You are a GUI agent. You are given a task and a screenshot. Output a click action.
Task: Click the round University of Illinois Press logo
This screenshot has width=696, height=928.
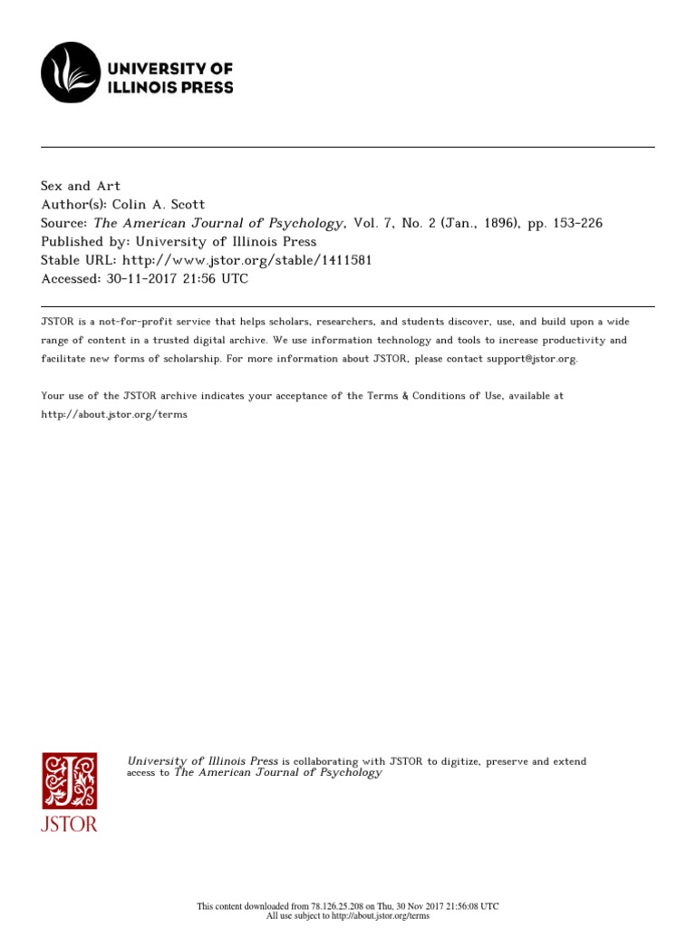click(x=71, y=72)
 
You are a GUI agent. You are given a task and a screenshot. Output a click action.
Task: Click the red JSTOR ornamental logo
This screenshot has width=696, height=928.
click(x=69, y=780)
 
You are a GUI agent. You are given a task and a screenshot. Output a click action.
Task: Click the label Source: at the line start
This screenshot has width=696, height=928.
click(x=64, y=222)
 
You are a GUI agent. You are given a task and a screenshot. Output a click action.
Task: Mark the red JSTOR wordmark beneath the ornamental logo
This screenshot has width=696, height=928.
click(x=69, y=825)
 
